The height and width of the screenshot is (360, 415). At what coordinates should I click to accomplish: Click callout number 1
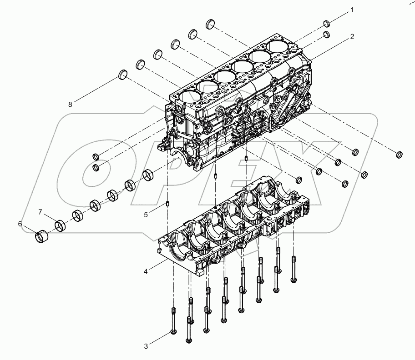coord(351,10)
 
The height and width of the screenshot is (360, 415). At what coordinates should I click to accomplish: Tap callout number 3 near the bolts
coord(146,346)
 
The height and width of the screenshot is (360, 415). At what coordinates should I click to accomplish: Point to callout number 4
coord(146,271)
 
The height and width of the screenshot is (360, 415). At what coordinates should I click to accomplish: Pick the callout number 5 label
coord(146,215)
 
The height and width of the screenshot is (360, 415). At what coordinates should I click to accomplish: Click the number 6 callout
coord(20,224)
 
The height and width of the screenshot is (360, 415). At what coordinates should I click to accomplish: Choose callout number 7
coord(40,212)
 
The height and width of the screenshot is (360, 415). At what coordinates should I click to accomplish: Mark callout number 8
coord(70,104)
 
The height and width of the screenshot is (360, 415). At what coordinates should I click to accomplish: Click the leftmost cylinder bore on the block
coord(187,97)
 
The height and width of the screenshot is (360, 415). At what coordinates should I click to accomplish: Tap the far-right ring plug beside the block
coord(399,155)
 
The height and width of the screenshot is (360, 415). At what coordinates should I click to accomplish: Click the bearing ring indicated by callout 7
coord(61,225)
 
